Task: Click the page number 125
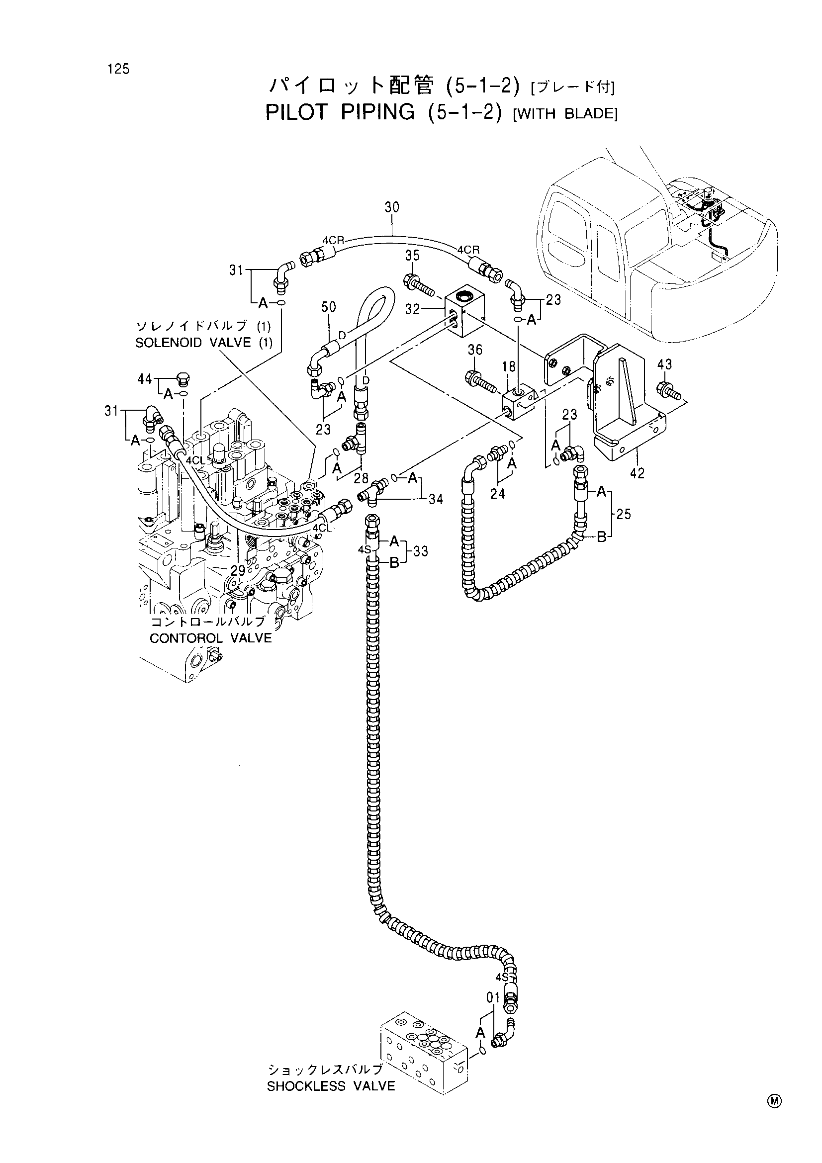118,69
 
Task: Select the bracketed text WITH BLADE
565,113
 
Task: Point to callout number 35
412,255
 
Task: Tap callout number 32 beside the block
412,309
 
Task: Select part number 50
329,307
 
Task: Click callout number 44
145,378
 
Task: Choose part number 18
509,367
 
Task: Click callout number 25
624,514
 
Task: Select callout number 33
421,551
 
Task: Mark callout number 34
436,499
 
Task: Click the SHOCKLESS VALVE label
331,1086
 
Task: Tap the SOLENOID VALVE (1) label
203,343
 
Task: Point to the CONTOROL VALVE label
211,638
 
